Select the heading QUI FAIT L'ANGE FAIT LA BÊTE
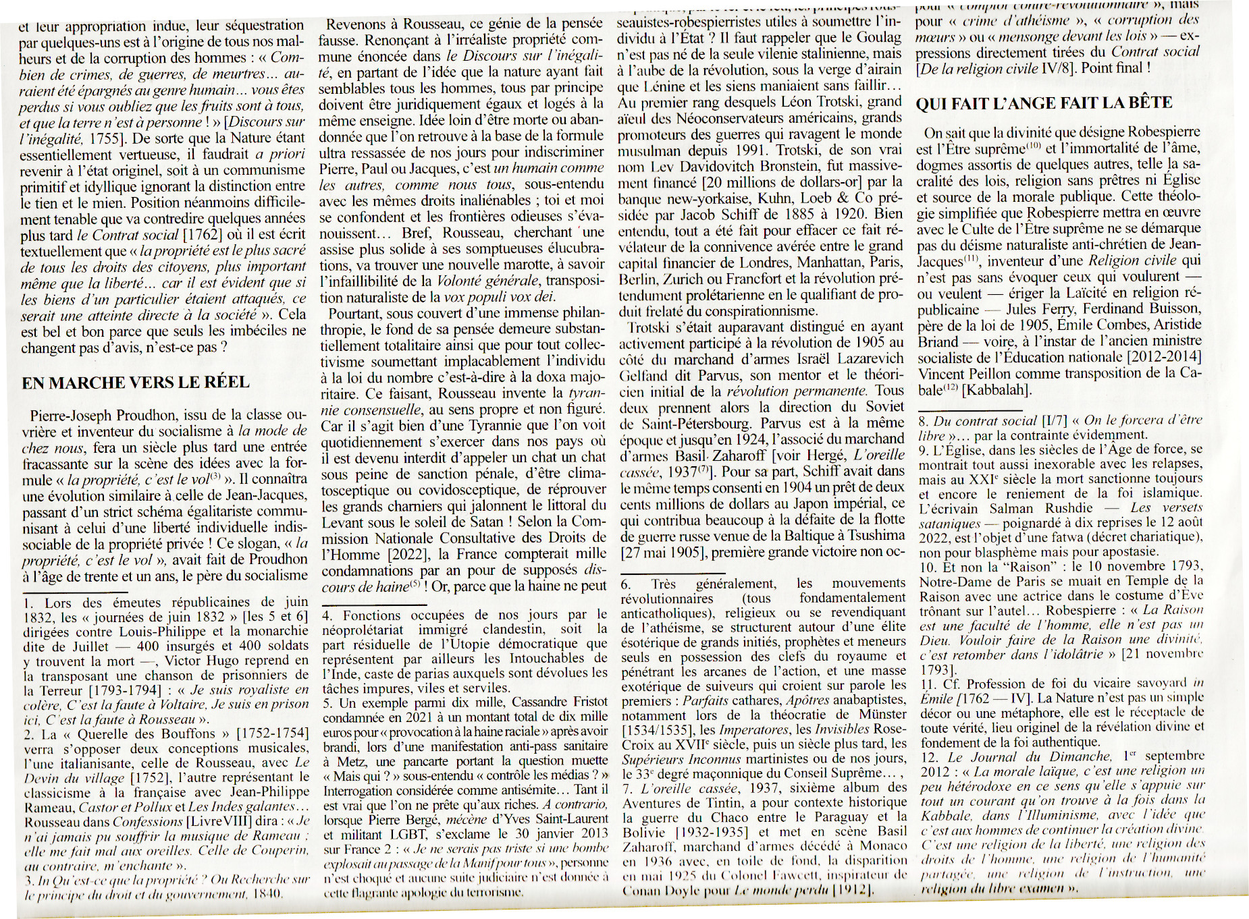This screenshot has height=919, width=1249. pos(1044,104)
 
